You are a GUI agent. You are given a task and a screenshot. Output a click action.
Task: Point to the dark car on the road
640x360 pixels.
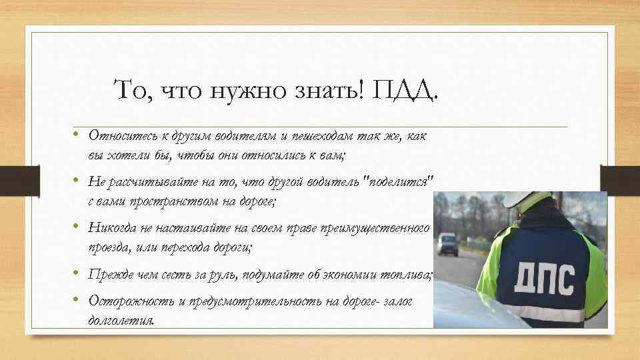point(448,244)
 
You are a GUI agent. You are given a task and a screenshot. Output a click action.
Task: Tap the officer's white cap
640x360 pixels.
point(527,199)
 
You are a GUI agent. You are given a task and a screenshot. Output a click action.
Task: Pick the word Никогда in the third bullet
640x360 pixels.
point(113,229)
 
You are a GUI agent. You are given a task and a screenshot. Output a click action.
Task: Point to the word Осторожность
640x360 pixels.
point(131,301)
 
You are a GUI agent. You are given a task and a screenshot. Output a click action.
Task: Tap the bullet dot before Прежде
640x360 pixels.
point(78,274)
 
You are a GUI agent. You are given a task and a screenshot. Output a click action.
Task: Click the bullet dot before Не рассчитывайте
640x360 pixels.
point(78,181)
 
